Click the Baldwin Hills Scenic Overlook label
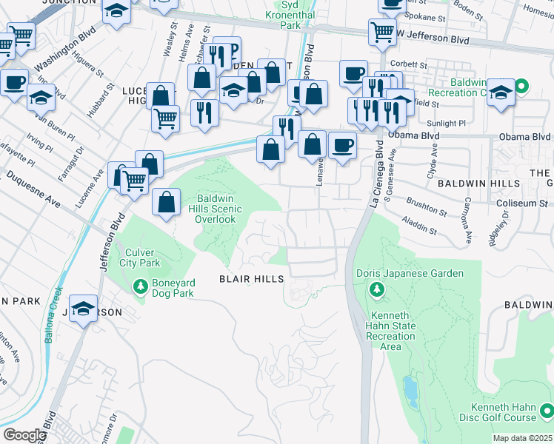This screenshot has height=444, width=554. coord(216,209)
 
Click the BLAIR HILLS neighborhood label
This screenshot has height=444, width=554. coord(251,279)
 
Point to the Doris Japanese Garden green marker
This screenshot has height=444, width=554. coord(377,288)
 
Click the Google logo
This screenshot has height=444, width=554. coord(24,435)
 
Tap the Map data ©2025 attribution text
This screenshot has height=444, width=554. coord(523,438)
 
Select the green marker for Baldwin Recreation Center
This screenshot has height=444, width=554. coord(521,87)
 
